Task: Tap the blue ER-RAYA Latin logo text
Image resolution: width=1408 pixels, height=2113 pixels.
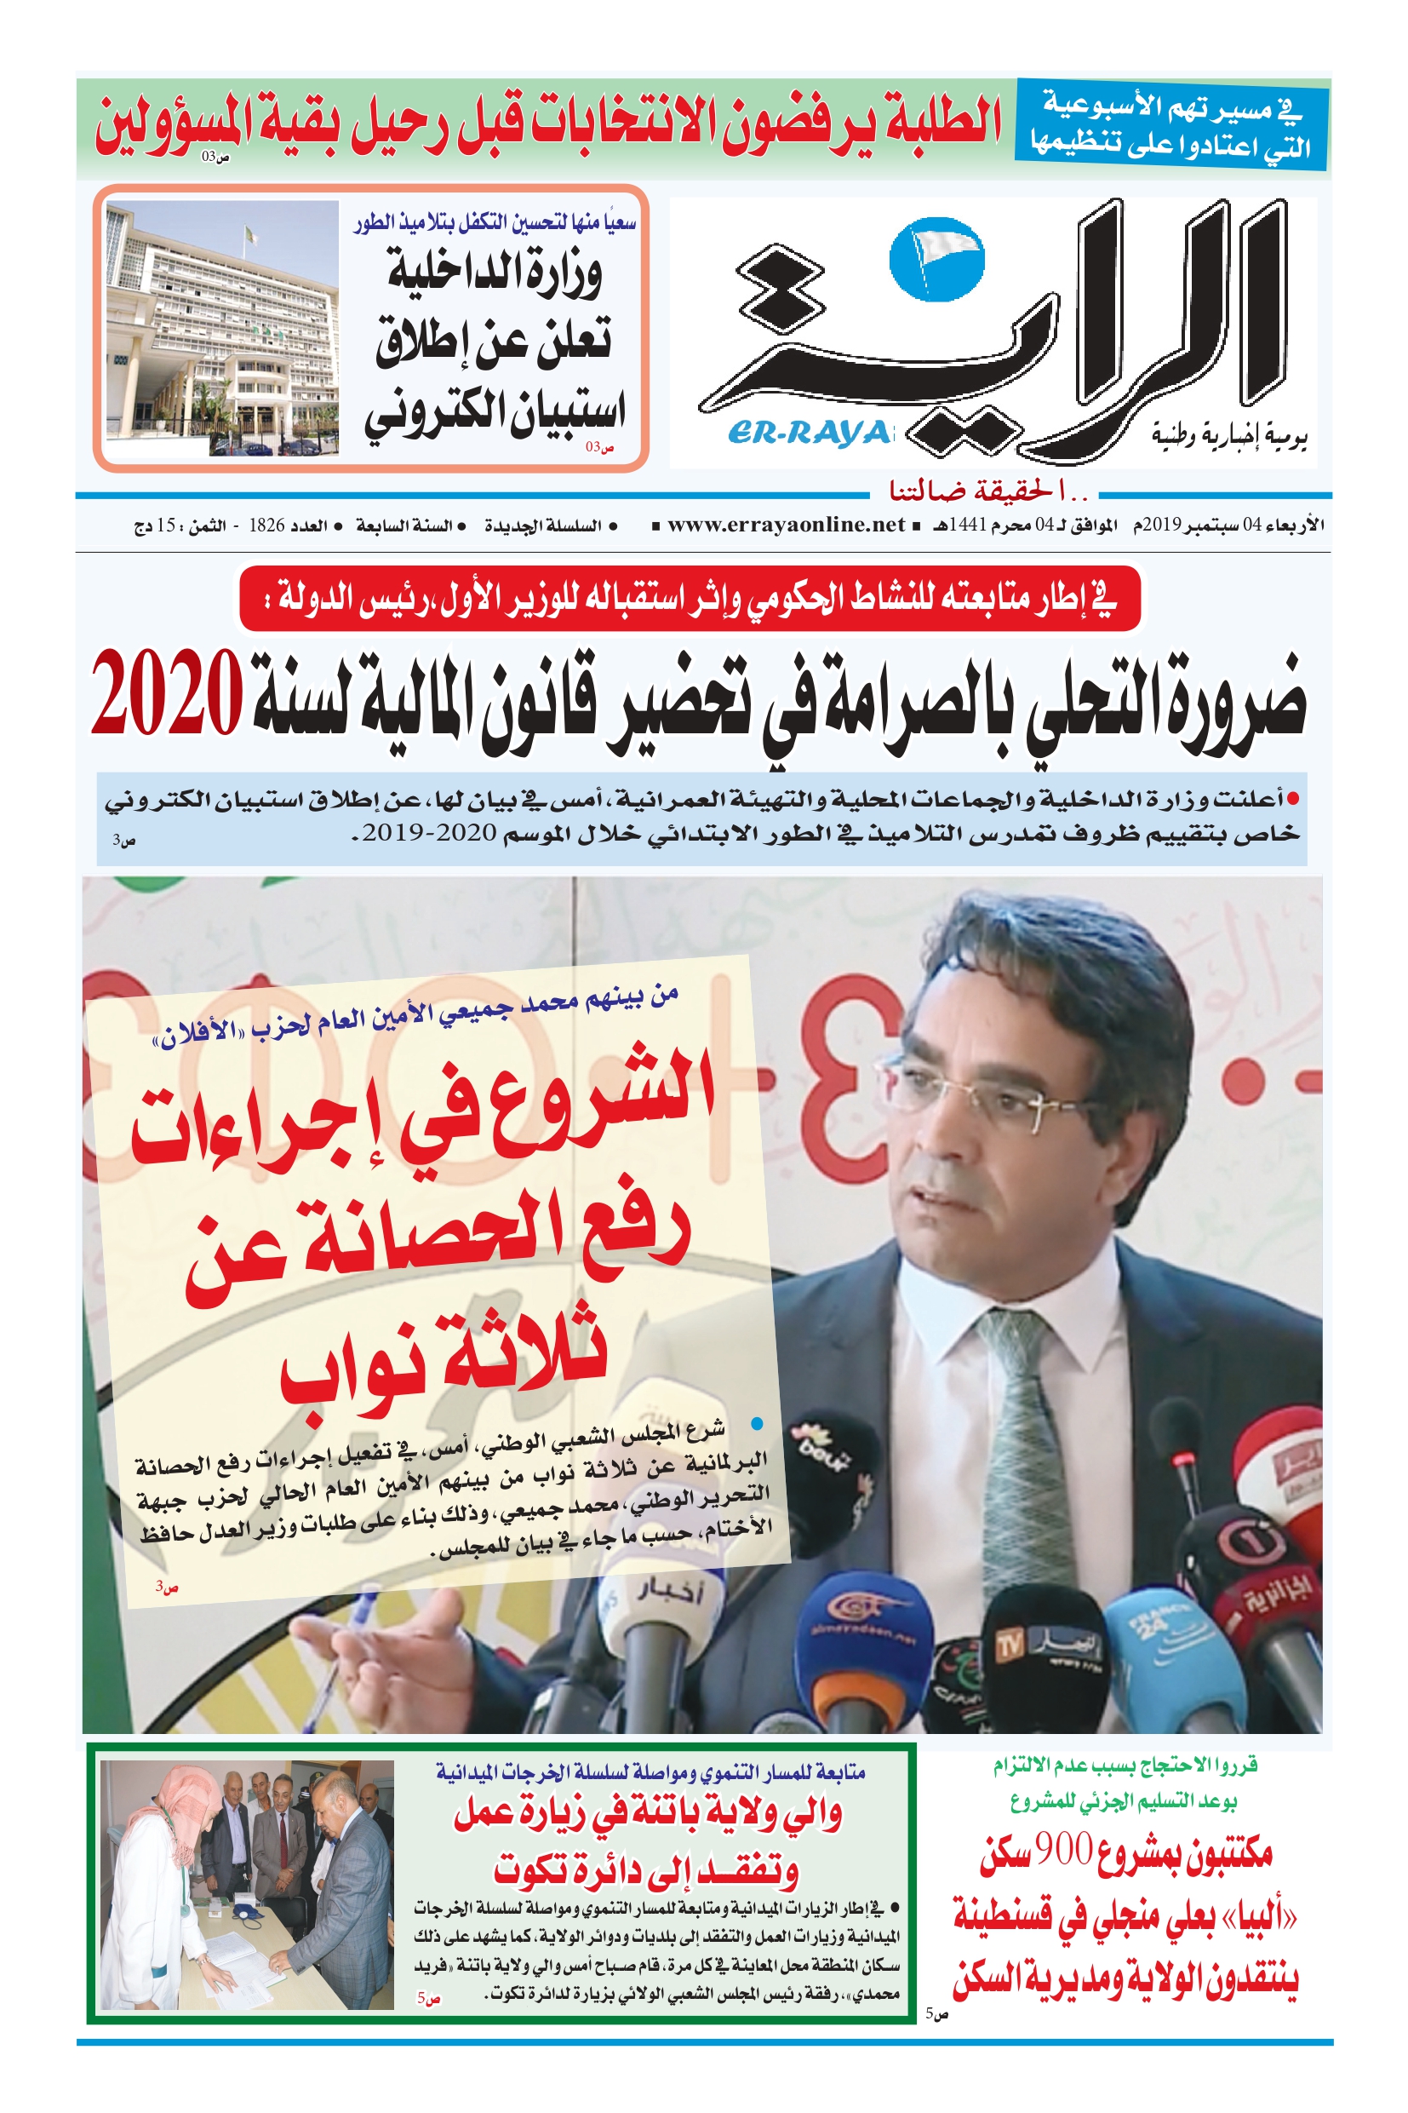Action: (809, 433)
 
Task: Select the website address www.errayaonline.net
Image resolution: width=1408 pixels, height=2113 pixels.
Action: (786, 525)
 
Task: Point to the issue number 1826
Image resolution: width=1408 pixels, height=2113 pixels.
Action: (266, 525)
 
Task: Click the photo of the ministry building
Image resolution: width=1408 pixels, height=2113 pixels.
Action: (222, 327)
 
